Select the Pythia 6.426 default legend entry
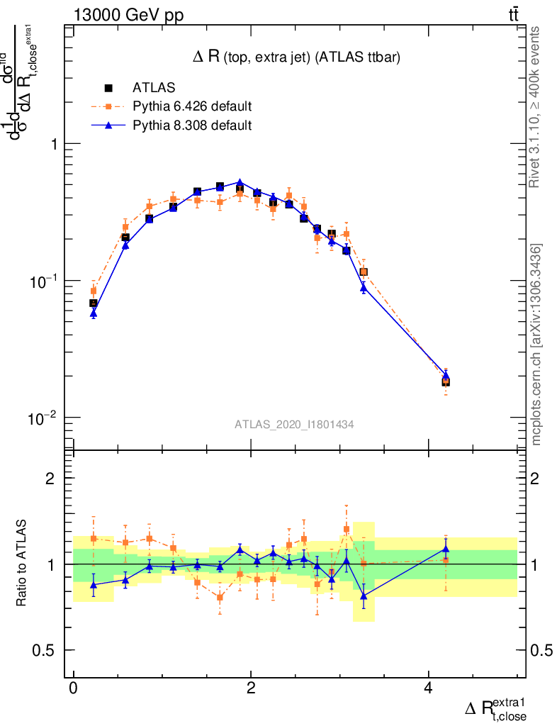[x=192, y=106]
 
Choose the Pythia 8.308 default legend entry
[x=192, y=125]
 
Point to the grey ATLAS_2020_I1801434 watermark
[x=295, y=424]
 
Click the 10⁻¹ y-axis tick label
[x=44, y=281]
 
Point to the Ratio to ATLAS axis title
[x=23, y=564]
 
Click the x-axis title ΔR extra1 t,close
[x=496, y=709]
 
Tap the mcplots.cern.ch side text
[x=537, y=345]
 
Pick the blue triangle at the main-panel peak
[x=240, y=182]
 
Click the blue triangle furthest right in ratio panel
[x=446, y=548]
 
